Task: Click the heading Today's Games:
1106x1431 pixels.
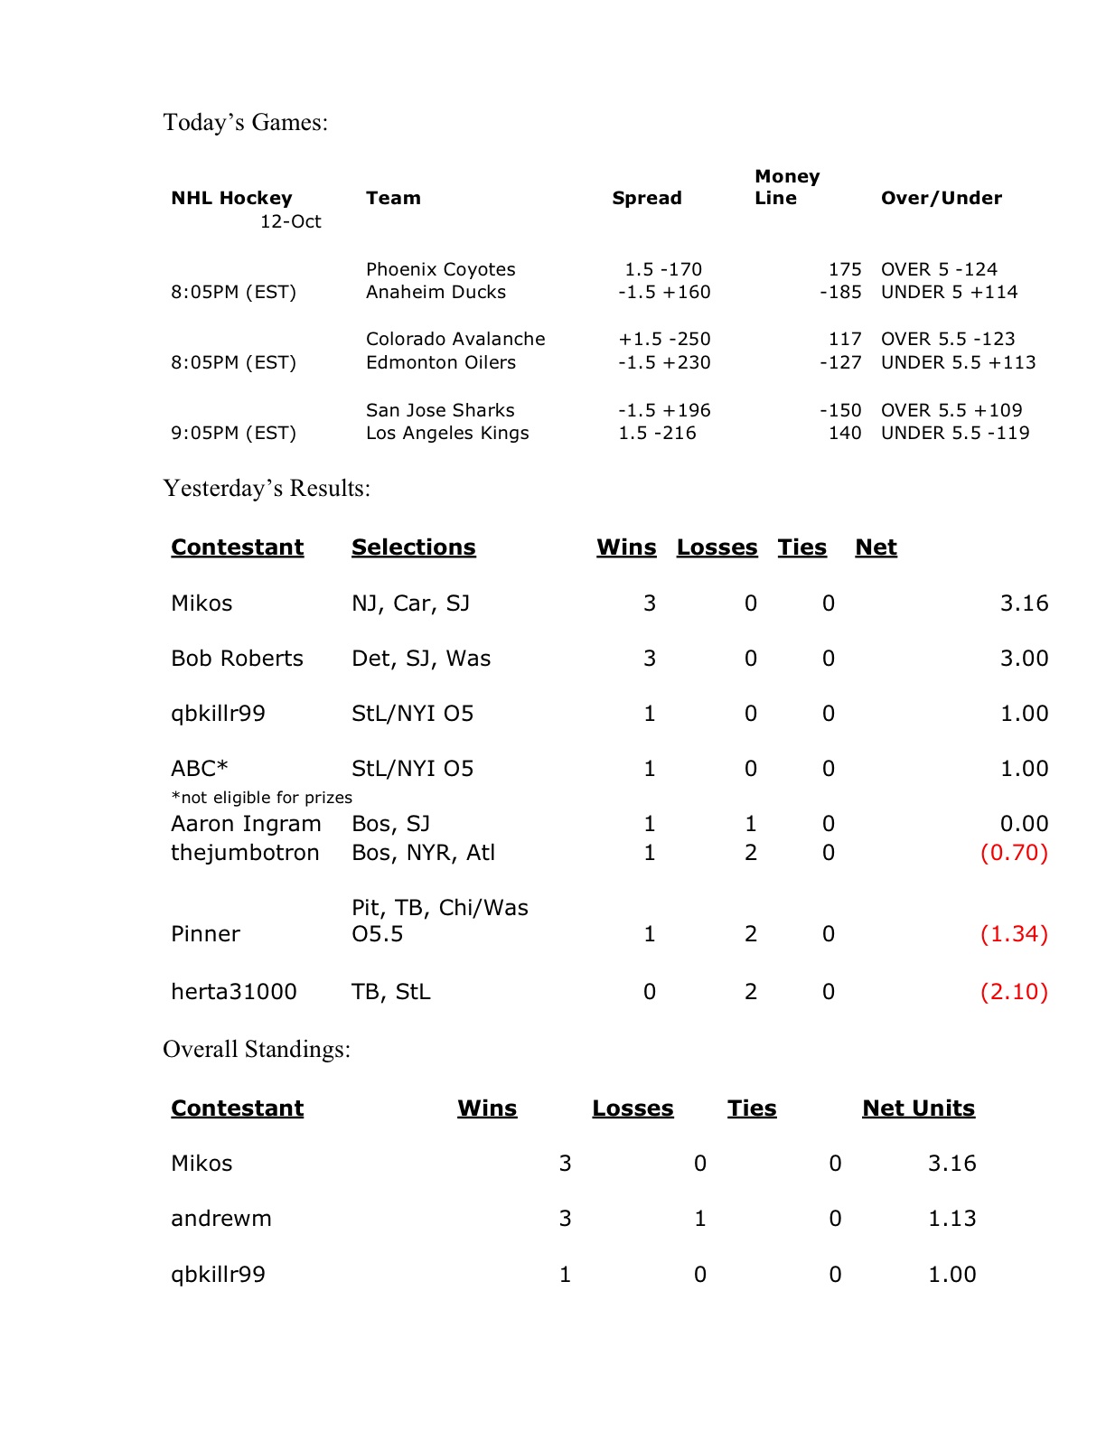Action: [245, 122]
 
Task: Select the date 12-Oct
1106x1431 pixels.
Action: [290, 221]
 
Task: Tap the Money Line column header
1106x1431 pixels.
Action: [786, 187]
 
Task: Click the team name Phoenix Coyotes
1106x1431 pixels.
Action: [440, 269]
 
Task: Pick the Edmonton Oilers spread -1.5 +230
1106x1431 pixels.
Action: [664, 362]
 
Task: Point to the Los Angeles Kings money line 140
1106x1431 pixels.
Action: [845, 433]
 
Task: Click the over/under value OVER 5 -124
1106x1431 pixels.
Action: [939, 269]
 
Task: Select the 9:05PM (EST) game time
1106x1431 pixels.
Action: [233, 433]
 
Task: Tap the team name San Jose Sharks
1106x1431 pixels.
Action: [440, 410]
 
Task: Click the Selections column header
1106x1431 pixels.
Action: [413, 547]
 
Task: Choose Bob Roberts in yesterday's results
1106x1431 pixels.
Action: [237, 659]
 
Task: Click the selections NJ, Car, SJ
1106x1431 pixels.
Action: [410, 603]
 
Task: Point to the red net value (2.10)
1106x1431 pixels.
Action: [1014, 992]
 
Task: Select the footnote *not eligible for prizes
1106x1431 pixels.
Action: [261, 798]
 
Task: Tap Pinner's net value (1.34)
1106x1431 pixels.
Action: [1014, 934]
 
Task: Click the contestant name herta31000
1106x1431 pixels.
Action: [233, 992]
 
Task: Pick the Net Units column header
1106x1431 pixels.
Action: [918, 1108]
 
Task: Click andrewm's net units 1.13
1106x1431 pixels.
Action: [951, 1219]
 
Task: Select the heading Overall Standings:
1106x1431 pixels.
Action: [257, 1049]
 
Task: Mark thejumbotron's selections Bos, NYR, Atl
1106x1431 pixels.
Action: [423, 853]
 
